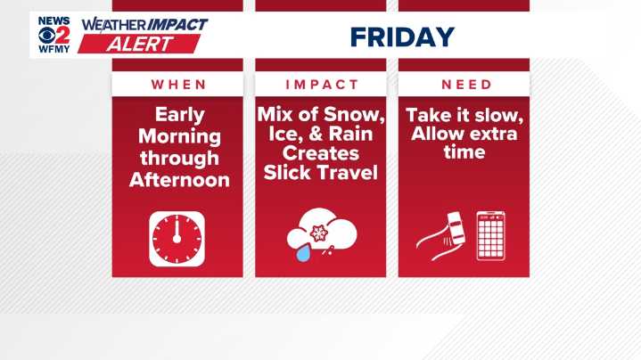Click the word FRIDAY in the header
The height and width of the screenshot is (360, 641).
coord(402,37)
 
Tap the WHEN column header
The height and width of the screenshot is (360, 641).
coord(177,85)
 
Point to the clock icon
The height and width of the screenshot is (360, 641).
coord(177,239)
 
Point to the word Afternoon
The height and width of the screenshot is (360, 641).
coord(178,179)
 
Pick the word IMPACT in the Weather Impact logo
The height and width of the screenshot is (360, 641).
coord(176,24)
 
